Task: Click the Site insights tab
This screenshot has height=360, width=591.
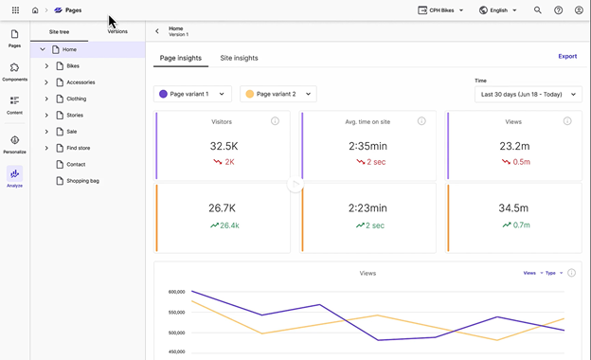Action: [239, 58]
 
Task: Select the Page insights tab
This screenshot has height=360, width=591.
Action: [180, 58]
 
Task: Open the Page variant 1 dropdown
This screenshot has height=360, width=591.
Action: [192, 94]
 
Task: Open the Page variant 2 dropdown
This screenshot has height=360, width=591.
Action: [278, 94]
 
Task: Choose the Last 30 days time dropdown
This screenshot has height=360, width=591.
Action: [528, 94]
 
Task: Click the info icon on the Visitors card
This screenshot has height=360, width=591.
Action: [275, 121]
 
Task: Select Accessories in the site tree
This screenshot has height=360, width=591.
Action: [81, 82]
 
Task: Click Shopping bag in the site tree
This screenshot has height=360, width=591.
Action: [82, 180]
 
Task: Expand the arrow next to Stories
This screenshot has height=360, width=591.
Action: [46, 116]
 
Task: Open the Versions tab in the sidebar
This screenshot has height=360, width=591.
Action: [117, 31]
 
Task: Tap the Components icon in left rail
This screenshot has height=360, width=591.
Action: [14, 72]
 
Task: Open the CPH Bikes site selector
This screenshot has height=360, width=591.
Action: [441, 10]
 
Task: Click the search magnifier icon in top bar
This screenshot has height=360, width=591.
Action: [538, 10]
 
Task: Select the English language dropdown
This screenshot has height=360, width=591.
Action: [498, 10]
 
